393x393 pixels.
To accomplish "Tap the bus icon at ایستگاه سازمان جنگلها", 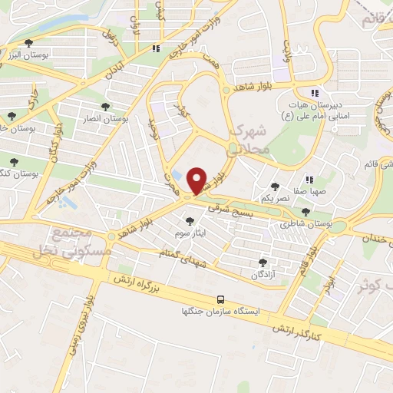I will pos(221,299).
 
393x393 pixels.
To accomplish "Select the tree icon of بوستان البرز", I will pos(29,44).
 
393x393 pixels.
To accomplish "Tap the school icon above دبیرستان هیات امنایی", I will pos(315,90).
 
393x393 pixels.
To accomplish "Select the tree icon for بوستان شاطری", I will pos(306,212).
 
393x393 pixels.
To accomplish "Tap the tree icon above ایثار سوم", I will pos(190,221).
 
